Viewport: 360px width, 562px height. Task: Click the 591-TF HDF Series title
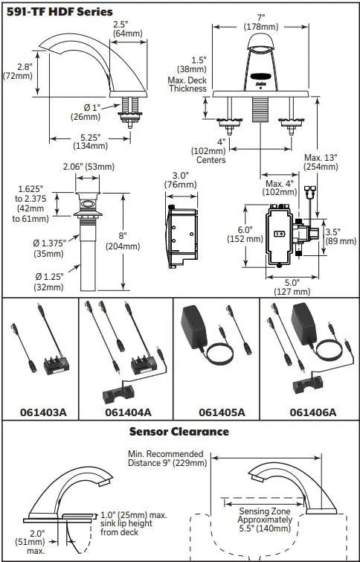(x=60, y=12)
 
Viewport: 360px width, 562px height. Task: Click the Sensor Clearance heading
(x=179, y=431)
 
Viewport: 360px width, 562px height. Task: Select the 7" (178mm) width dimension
(x=261, y=22)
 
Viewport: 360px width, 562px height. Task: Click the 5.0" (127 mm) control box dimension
(x=292, y=287)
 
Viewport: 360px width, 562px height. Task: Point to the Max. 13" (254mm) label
(x=321, y=162)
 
